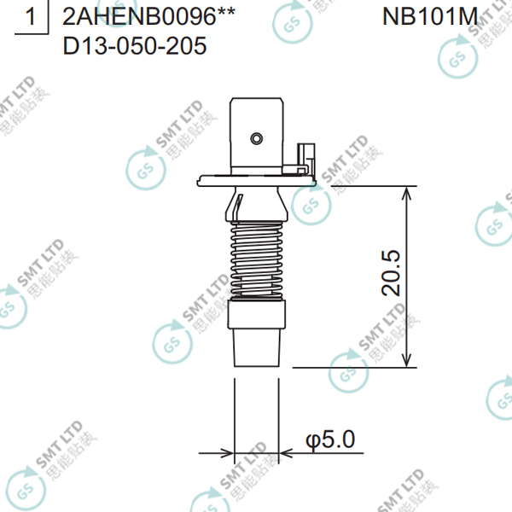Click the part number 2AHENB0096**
coord(148,16)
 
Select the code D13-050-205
coord(135,46)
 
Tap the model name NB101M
coord(430,16)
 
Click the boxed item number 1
coord(31,16)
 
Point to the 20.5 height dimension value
coord(391,273)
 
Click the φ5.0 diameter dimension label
coord(330,439)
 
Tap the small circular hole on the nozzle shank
coord(257,138)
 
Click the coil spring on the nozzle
coord(257,259)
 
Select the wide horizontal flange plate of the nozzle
coord(257,181)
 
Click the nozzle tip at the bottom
coord(257,347)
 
